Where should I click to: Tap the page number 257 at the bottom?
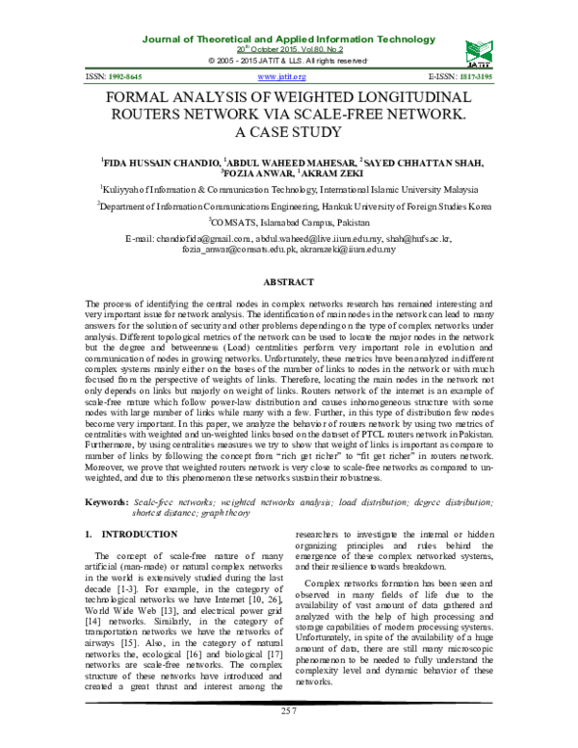pyautogui.click(x=289, y=736)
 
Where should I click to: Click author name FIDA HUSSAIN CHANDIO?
pyautogui.click(x=160, y=163)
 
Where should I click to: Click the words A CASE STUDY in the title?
pyautogui.click(x=289, y=132)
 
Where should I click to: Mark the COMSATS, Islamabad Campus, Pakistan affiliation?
pyautogui.click(x=289, y=221)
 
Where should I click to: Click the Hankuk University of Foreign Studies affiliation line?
pyautogui.click(x=289, y=205)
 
